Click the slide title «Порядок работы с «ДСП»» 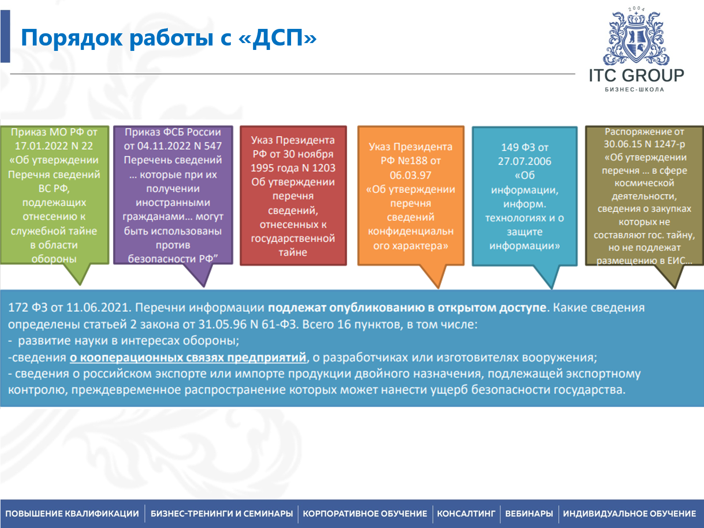(x=168, y=38)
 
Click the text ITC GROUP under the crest (x=636, y=75)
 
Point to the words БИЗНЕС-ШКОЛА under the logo (x=635, y=90)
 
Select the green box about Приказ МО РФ (x=54, y=196)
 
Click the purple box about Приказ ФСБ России (x=173, y=196)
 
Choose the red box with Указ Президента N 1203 (x=293, y=196)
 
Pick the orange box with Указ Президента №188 (x=410, y=196)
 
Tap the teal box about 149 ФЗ (x=524, y=196)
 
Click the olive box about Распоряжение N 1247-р (x=644, y=196)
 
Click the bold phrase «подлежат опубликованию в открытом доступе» (x=407, y=308)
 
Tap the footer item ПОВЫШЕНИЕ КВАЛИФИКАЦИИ (x=72, y=514)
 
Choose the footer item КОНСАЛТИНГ (x=466, y=514)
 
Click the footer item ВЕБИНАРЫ (x=529, y=514)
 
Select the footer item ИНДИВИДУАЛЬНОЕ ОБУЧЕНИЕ (x=629, y=514)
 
